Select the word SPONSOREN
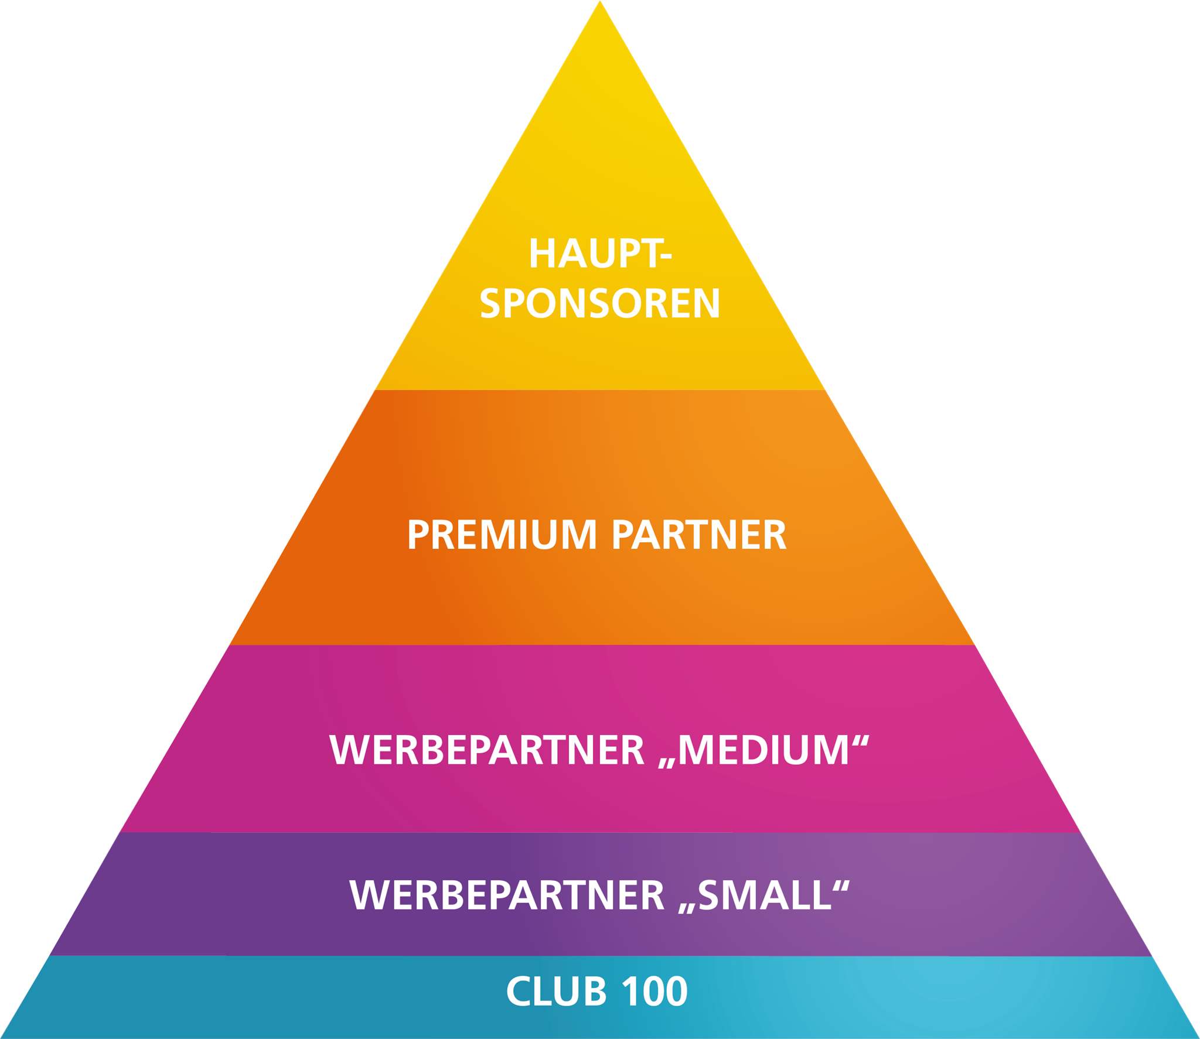click(x=599, y=304)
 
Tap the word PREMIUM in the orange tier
click(x=502, y=535)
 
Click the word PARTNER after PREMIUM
click(x=698, y=535)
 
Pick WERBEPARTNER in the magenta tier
click(x=487, y=750)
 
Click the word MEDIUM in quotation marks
click(x=763, y=750)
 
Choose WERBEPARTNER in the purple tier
click(x=507, y=896)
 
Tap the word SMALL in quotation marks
click(x=765, y=896)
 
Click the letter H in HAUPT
click(x=541, y=254)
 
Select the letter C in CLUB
click(x=518, y=992)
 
